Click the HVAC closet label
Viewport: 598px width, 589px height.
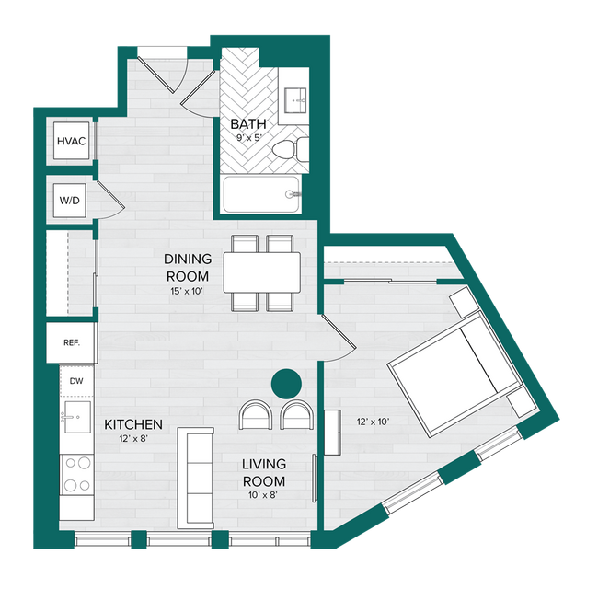coord(71,141)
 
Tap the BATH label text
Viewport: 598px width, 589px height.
coord(247,125)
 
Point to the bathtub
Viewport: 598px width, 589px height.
coord(263,194)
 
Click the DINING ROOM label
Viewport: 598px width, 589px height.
coord(188,267)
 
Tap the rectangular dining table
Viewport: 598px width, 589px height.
coord(262,272)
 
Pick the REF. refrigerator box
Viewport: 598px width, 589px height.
coord(72,341)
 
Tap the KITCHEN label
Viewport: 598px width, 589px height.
coord(133,424)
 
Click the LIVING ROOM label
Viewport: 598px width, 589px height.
coord(264,472)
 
